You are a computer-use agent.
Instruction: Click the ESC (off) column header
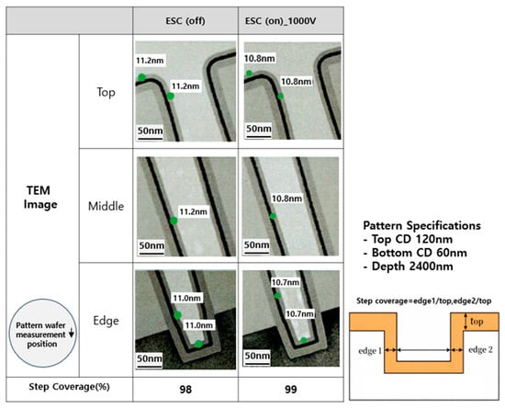click(x=185, y=21)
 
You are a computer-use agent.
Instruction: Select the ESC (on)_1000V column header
click(x=281, y=21)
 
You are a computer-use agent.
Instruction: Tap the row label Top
click(x=106, y=92)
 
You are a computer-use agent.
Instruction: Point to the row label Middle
click(x=106, y=206)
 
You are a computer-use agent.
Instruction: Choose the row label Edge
click(x=106, y=321)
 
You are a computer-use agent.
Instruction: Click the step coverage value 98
click(x=185, y=390)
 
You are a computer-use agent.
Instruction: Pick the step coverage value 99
click(x=291, y=390)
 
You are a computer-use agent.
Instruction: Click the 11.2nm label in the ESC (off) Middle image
click(x=193, y=211)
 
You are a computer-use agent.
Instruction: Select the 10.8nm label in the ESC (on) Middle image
click(x=287, y=198)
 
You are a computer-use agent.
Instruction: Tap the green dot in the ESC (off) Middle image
click(x=174, y=221)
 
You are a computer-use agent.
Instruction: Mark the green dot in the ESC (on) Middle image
click(x=273, y=216)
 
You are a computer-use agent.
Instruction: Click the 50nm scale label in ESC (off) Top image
click(x=150, y=130)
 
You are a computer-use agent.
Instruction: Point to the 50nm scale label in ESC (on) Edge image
click(x=257, y=356)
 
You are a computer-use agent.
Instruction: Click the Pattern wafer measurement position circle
click(x=42, y=333)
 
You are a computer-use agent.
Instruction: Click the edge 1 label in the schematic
click(x=370, y=350)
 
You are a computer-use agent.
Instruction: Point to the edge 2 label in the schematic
click(x=480, y=350)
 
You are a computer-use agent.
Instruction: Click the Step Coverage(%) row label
click(x=69, y=387)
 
